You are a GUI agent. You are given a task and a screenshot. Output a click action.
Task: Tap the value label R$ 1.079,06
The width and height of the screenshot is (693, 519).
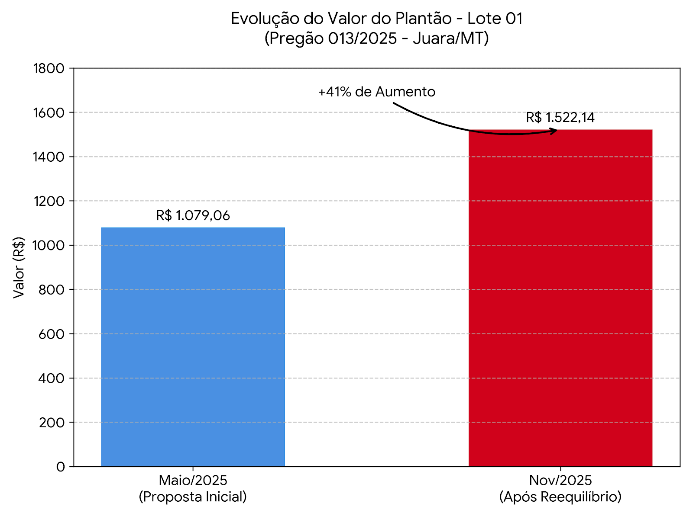tap(193, 215)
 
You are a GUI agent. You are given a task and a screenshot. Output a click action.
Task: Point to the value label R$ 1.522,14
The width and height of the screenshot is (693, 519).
tap(560, 117)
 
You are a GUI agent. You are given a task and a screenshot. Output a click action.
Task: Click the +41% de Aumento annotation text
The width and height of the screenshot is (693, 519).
tap(376, 92)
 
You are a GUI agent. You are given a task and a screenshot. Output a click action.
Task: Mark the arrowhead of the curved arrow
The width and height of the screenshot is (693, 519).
tap(554, 131)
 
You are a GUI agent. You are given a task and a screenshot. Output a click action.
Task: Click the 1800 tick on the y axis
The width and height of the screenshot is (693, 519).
tap(49, 68)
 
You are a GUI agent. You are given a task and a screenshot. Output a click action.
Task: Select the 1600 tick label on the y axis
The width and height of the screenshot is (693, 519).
tap(49, 112)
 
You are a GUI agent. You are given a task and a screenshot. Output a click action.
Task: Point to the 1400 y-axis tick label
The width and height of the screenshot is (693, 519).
tap(49, 157)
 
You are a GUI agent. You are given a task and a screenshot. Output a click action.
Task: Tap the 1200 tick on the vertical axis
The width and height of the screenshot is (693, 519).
tap(49, 201)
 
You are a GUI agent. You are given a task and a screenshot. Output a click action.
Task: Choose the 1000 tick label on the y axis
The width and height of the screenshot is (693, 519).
tap(49, 245)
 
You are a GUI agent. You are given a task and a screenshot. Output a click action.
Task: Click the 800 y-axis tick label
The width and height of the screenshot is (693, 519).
tap(51, 290)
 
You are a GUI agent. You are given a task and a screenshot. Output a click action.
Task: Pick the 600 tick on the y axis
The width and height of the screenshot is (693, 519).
tap(51, 334)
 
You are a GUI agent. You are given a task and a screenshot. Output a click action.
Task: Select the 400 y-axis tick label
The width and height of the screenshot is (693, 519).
tap(51, 378)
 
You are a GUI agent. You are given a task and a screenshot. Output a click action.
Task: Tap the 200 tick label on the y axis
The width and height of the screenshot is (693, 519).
tap(51, 423)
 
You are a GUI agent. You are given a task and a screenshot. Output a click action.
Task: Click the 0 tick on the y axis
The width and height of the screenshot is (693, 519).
tap(60, 467)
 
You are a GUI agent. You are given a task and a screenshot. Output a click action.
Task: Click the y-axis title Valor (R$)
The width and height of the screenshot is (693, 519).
tap(19, 267)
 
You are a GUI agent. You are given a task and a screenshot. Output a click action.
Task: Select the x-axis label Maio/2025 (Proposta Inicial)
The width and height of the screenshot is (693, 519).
tap(193, 488)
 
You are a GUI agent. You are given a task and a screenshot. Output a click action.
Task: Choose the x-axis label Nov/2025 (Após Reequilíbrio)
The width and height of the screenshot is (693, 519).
tap(560, 488)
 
